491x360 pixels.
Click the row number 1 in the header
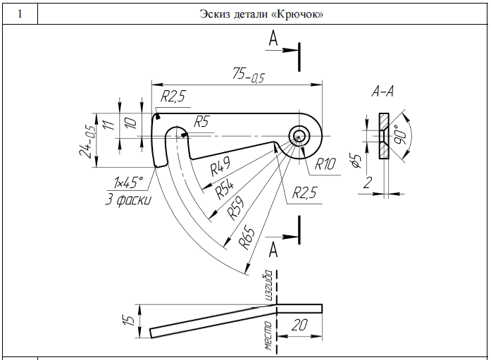(x=18, y=13)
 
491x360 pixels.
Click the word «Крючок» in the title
(x=299, y=14)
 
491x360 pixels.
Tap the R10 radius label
(x=326, y=166)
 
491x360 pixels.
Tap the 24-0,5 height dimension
(x=88, y=142)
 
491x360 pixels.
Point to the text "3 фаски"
(x=127, y=199)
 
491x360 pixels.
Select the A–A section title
(x=384, y=92)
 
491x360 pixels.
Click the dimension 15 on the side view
(x=128, y=318)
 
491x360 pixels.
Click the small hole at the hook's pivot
(x=299, y=135)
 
